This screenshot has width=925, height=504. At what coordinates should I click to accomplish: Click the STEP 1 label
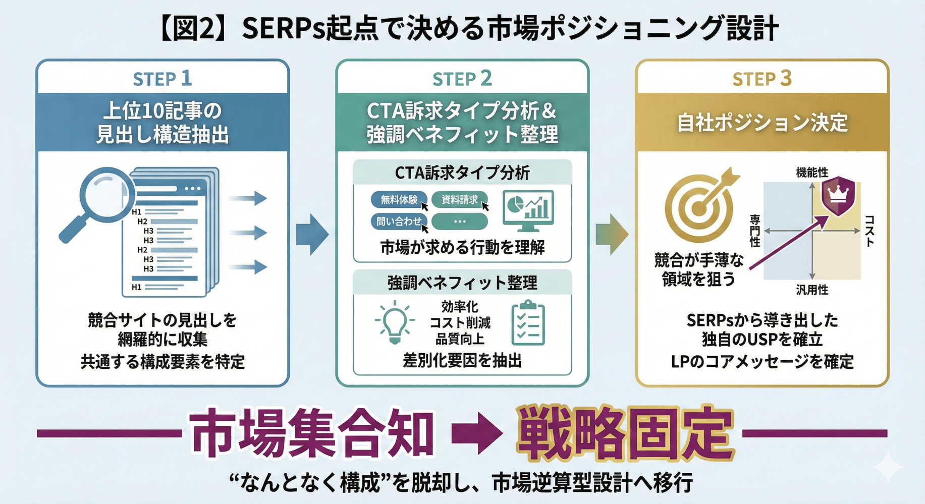(x=162, y=79)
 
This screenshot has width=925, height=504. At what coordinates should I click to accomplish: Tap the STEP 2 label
(x=462, y=79)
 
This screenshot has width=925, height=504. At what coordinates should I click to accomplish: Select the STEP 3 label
(x=761, y=79)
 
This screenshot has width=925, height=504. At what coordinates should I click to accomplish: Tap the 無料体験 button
(x=399, y=200)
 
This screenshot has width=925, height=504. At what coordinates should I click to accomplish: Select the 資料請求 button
(x=459, y=200)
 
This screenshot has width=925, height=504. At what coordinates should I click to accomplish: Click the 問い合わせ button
(x=399, y=221)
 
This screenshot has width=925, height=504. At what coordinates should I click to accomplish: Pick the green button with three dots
(x=459, y=221)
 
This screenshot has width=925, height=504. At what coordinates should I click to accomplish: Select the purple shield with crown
(x=838, y=196)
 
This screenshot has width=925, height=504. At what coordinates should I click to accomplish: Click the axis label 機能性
(x=811, y=173)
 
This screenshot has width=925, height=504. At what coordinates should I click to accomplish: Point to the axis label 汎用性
(x=811, y=290)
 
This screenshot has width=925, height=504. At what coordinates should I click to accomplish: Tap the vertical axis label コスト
(x=869, y=231)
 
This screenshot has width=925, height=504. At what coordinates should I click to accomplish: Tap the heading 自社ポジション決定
(x=761, y=123)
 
